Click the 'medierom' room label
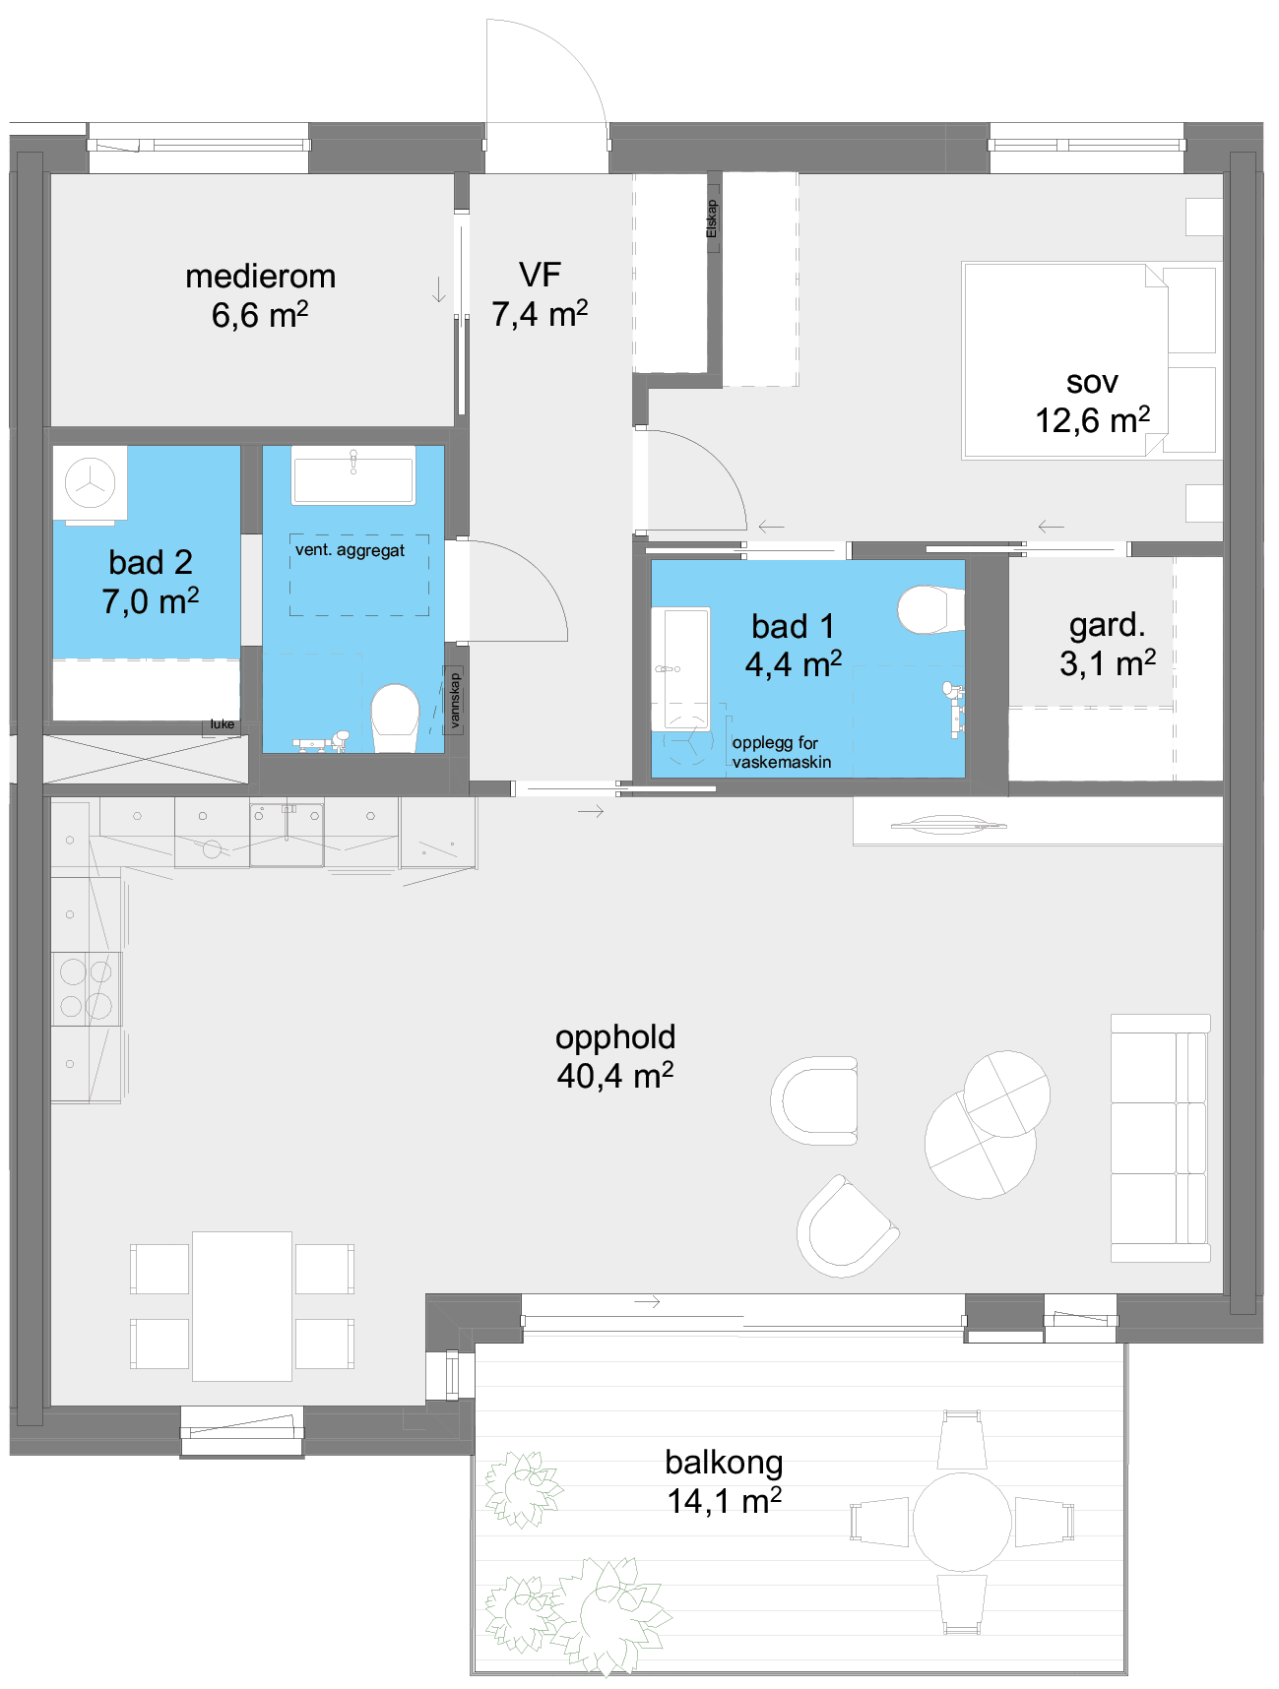pyautogui.click(x=260, y=277)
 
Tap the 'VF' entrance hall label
pyautogui.click(x=540, y=275)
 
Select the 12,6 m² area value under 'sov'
pyautogui.click(x=1092, y=419)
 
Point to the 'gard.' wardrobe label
pyautogui.click(x=1108, y=625)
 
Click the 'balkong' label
pyautogui.click(x=724, y=1463)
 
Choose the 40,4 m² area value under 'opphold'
pyautogui.click(x=615, y=1075)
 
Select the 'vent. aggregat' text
pyautogui.click(x=350, y=550)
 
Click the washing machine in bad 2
pyautogui.click(x=91, y=483)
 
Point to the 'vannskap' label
pyautogui.click(x=455, y=700)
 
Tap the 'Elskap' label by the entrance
pyautogui.click(x=712, y=219)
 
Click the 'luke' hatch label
pyautogui.click(x=223, y=724)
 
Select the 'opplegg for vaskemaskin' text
pyautogui.click(x=782, y=752)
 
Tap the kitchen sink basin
pyautogui.click(x=287, y=835)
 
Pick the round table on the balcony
pyautogui.click(x=962, y=1522)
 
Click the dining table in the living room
pyautogui.click(x=242, y=1306)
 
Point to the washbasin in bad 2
pyautogui.click(x=353, y=475)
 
